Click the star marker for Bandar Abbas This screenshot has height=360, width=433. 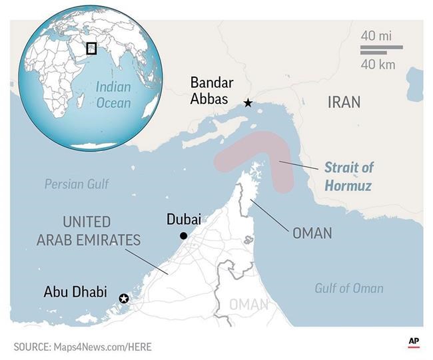pos(248,102)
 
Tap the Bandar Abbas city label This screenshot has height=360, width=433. pos(212,91)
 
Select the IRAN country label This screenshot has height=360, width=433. pos(344,102)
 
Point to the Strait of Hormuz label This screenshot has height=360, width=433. pos(348,176)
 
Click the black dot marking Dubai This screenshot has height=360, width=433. pos(183,236)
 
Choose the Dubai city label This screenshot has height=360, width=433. pos(183,220)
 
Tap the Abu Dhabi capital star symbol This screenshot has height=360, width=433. pos(123,299)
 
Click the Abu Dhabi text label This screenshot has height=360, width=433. pos(75,291)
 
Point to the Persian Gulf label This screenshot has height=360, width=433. pos(77,184)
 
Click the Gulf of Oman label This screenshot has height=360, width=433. pos(348,288)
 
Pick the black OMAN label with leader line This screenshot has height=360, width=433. pos(312,234)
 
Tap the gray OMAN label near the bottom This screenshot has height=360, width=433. pos(249,305)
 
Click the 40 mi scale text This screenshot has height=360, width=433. pos(376,35)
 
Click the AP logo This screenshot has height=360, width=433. pos(414,343)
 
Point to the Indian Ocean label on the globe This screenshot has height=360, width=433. pos(113,94)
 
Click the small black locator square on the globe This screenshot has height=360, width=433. pos(91,48)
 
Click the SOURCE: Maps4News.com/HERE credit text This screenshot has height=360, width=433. pos(83,347)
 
